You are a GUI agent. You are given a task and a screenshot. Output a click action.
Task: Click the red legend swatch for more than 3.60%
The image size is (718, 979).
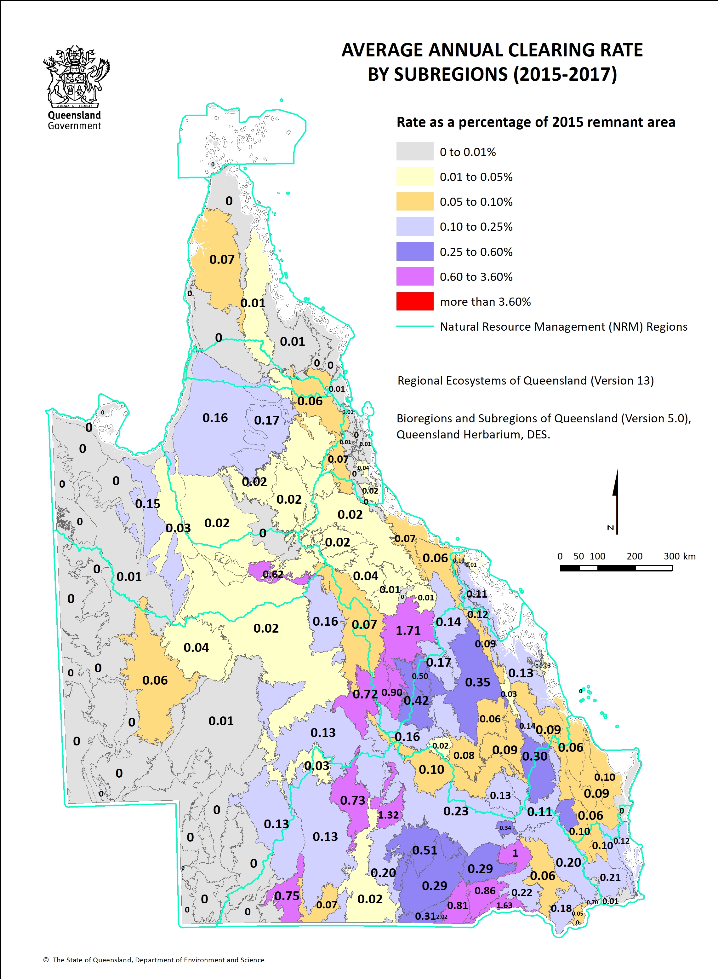[x=415, y=301]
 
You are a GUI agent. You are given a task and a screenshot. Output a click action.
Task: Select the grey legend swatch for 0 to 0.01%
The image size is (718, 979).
[x=415, y=151]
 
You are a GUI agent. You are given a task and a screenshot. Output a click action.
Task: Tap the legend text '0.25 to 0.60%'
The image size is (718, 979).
[x=476, y=252]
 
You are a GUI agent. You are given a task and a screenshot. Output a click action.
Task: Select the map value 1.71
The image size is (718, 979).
[x=408, y=631]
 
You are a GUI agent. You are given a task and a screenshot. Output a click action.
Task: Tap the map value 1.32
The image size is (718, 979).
[x=388, y=815]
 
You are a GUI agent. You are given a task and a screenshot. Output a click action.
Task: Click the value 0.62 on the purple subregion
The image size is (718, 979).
[x=273, y=574]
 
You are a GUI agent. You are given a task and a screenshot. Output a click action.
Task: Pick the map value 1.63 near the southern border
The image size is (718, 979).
[x=504, y=905]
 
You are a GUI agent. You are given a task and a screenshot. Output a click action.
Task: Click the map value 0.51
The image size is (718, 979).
[x=425, y=850]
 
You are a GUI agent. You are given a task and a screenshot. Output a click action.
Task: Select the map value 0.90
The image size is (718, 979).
[x=392, y=692]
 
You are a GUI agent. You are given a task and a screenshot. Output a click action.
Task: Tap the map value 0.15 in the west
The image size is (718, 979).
[x=147, y=504]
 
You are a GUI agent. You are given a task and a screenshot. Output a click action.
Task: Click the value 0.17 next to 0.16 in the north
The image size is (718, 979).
[x=266, y=420]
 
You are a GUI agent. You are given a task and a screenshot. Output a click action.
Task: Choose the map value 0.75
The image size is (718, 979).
[x=287, y=895]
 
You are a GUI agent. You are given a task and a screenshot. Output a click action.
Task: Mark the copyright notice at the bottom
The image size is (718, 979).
[x=154, y=960]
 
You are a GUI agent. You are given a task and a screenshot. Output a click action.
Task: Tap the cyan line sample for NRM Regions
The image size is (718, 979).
[x=415, y=326]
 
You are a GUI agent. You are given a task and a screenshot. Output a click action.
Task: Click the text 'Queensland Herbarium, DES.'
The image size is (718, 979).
[x=473, y=434]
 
